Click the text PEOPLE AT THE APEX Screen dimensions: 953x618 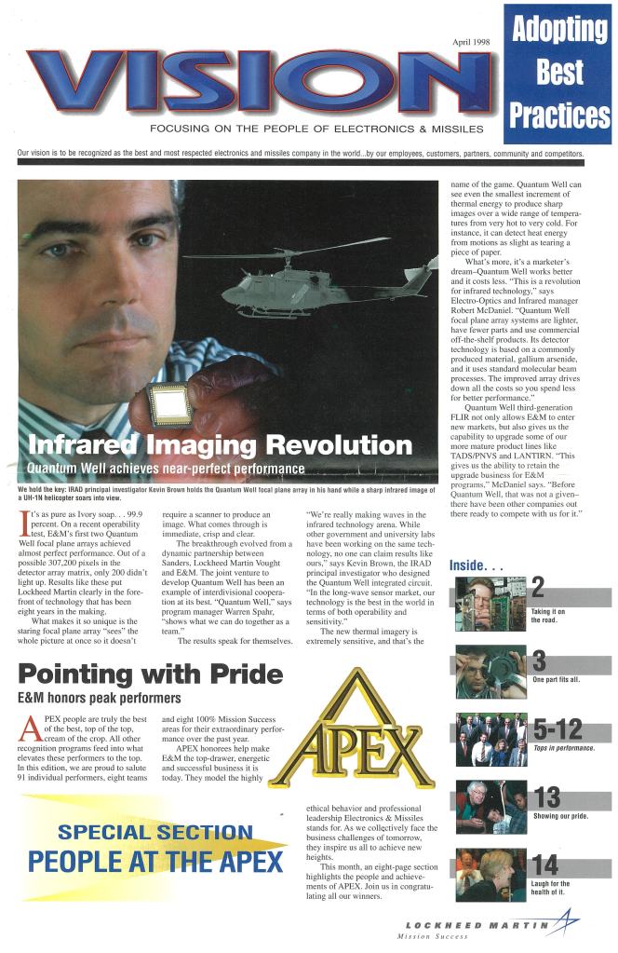coord(154,862)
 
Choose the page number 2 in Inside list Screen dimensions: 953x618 coord(537,586)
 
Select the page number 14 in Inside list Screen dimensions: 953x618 coord(544,864)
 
